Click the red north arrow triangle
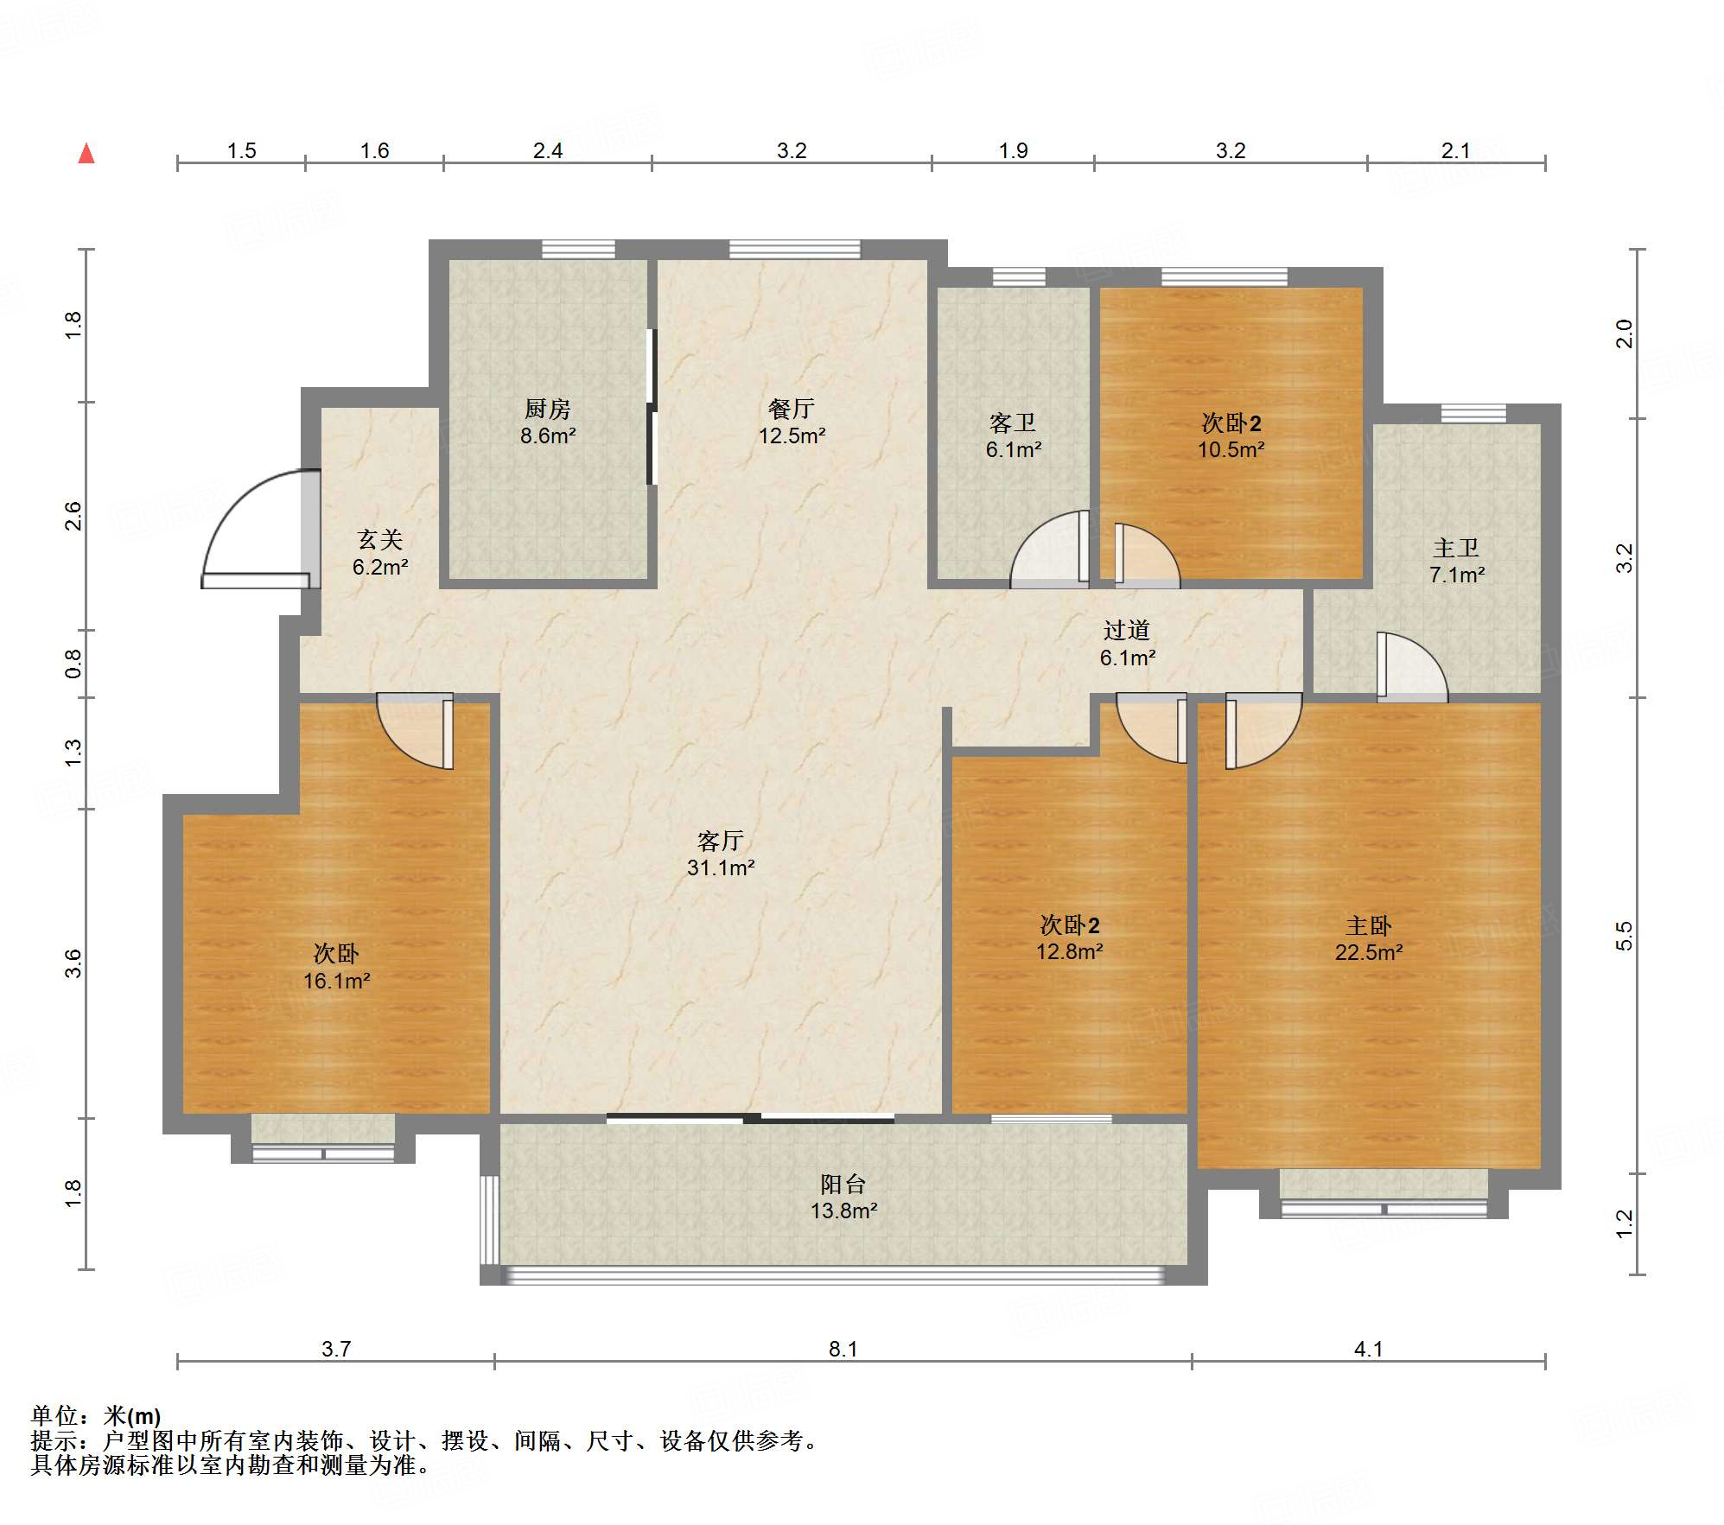(86, 154)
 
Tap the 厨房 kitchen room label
(548, 409)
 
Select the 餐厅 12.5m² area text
(792, 422)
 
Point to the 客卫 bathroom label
(1013, 423)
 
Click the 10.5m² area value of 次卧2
(1231, 450)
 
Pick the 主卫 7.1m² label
(1457, 561)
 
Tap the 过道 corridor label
(1127, 630)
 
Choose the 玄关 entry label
(380, 540)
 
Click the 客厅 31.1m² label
(721, 854)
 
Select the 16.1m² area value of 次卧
(336, 981)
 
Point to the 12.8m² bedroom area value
(1070, 952)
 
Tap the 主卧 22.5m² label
(1369, 939)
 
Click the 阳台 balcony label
(843, 1184)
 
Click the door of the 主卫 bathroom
(1412, 665)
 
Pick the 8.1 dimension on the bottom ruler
(843, 1349)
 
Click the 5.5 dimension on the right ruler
(1625, 937)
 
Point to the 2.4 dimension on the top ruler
(548, 150)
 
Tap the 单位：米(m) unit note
(96, 1416)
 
